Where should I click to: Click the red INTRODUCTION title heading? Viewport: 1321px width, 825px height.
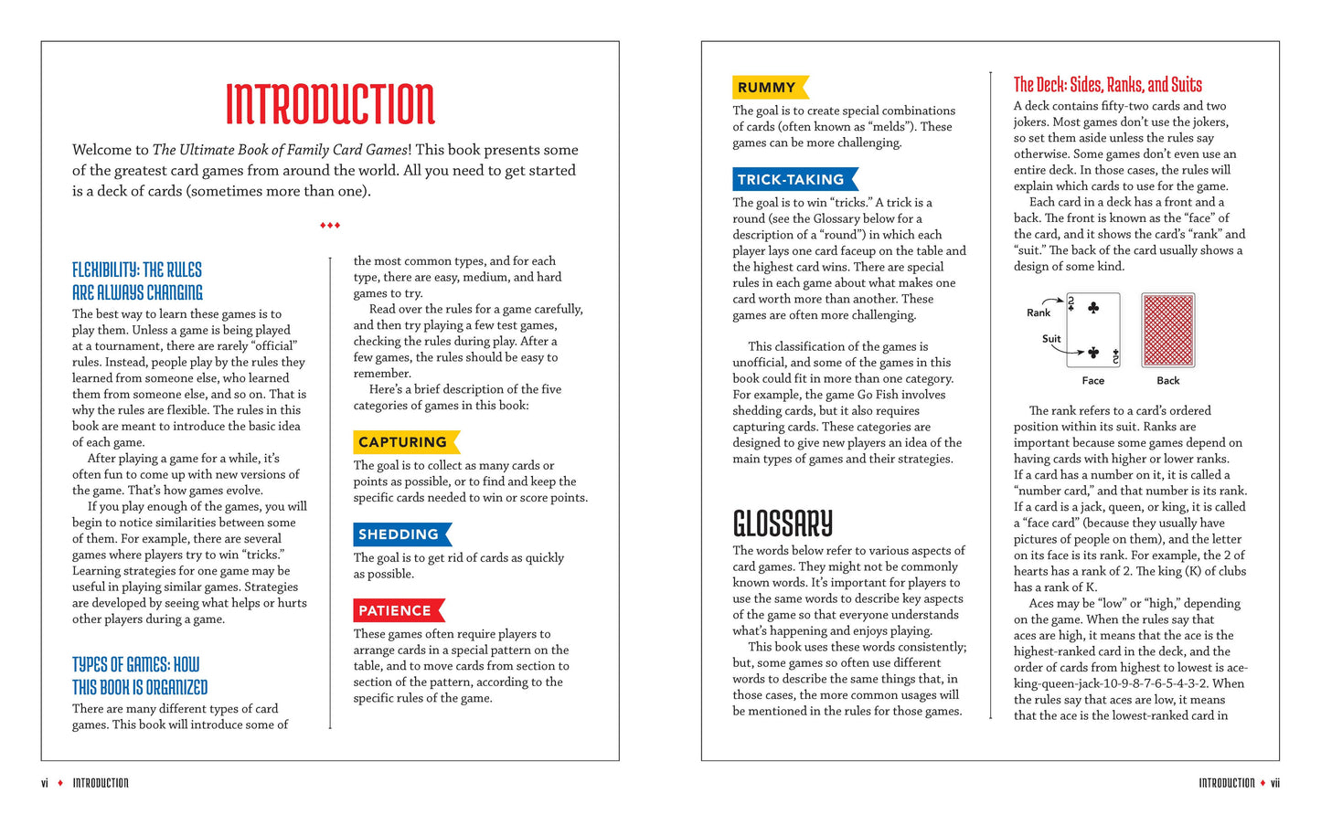(x=330, y=103)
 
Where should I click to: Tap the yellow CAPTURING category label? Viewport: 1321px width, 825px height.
(x=403, y=442)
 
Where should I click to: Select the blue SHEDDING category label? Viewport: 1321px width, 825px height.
(x=399, y=534)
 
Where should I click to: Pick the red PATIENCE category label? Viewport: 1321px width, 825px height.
(x=396, y=610)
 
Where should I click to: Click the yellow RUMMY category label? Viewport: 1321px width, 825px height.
(x=767, y=88)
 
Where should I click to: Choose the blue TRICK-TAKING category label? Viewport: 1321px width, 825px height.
(x=792, y=179)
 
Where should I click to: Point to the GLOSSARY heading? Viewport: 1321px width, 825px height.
(x=783, y=524)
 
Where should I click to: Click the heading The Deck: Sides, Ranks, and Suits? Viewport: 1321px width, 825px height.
(x=1107, y=85)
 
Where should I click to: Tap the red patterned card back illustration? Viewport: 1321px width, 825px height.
(x=1167, y=330)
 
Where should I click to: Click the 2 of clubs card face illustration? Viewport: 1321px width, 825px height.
(x=1093, y=330)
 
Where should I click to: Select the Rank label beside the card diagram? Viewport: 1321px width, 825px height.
(x=1039, y=312)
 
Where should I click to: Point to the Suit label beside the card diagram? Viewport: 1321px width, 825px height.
(x=1051, y=339)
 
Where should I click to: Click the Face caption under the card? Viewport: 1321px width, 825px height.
(x=1093, y=381)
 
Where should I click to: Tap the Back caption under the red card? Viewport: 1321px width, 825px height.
(x=1167, y=381)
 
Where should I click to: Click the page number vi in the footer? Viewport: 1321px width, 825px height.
(x=45, y=783)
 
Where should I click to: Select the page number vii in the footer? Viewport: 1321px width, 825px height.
(x=1274, y=783)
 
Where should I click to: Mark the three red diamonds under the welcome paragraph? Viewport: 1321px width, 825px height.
(x=330, y=225)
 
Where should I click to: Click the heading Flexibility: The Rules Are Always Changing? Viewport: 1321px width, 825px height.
(x=137, y=281)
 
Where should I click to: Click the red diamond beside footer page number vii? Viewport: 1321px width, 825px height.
(x=1262, y=783)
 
